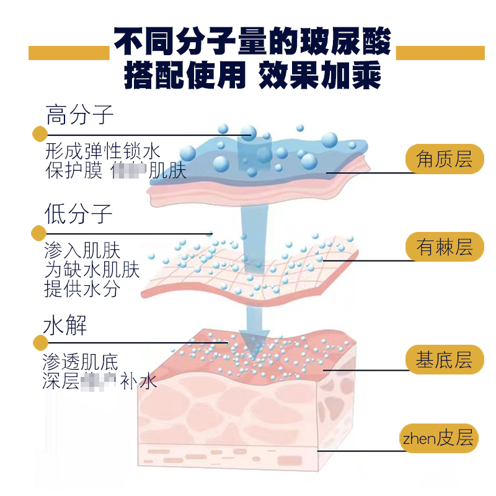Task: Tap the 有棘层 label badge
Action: (444, 247)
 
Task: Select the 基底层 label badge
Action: (444, 360)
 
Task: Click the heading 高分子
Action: (79, 115)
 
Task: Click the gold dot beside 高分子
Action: (39, 134)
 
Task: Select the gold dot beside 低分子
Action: (39, 233)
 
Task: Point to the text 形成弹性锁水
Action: (103, 151)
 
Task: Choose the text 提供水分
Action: (82, 288)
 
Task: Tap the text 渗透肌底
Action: (81, 362)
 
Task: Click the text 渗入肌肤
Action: (82, 251)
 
